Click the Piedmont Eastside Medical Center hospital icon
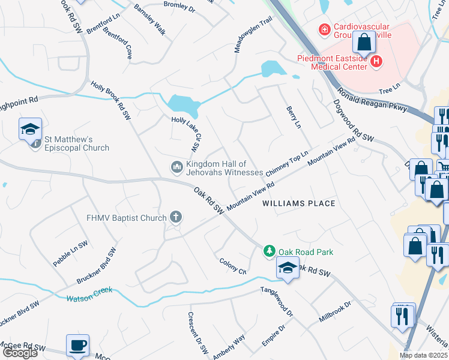pos(376,61)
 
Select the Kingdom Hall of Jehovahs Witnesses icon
pos(177,166)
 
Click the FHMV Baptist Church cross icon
pos(175,216)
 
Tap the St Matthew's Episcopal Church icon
pos(35,143)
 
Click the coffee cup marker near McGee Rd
pos(77,345)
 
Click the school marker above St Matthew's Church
pos(30,129)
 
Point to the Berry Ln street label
pos(294,116)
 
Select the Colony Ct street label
pos(233,265)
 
